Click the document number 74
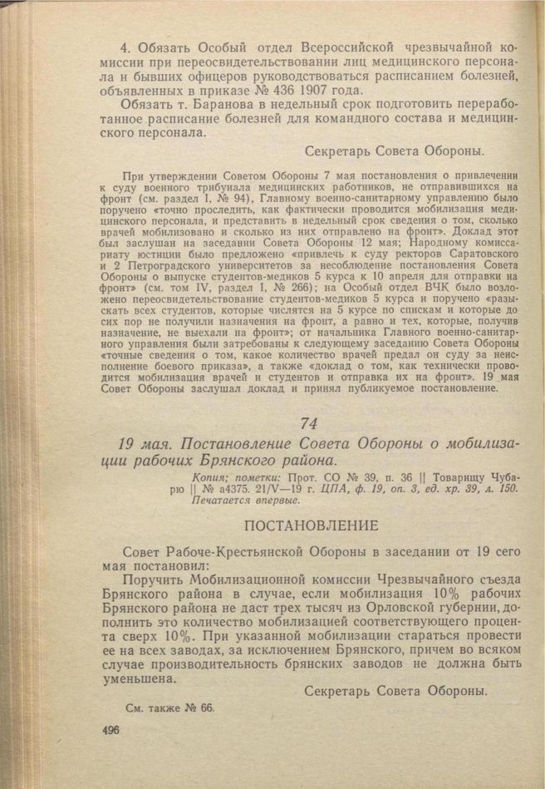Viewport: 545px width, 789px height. tap(310, 424)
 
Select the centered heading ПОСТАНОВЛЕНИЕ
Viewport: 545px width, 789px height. tap(312, 525)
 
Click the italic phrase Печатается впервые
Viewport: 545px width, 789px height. tap(244, 501)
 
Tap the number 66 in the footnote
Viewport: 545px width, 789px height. tap(207, 708)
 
